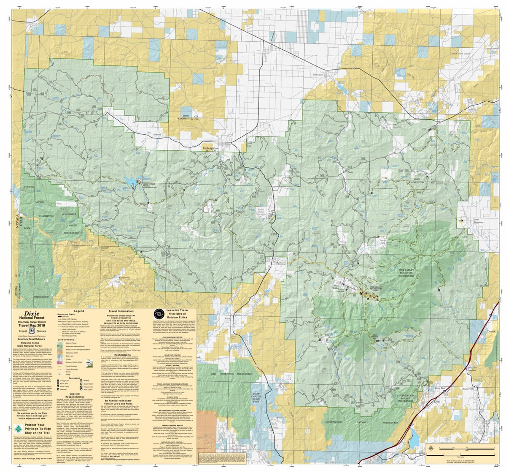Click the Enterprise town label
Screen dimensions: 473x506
point(211,149)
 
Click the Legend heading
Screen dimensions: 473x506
point(80,311)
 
